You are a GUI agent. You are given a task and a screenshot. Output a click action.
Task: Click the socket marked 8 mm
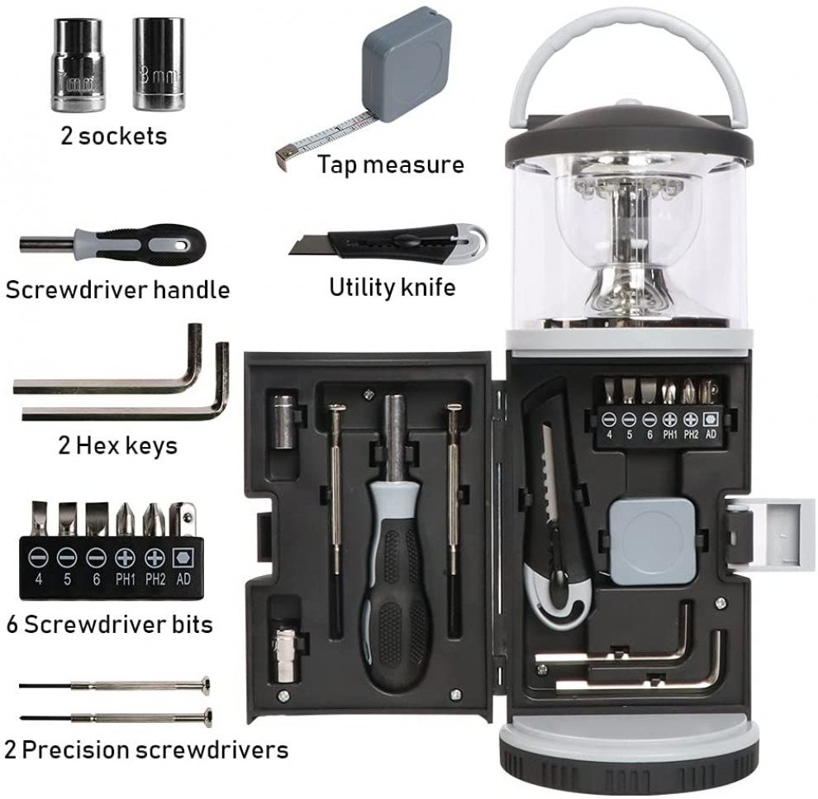pyautogui.click(x=159, y=64)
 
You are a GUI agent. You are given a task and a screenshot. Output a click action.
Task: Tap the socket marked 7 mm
pyautogui.click(x=77, y=64)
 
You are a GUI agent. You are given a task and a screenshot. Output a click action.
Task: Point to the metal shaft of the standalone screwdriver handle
pyautogui.click(x=47, y=244)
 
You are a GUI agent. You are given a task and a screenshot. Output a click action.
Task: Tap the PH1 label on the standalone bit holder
pyautogui.click(x=126, y=579)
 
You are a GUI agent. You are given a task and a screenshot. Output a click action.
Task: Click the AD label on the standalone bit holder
pyautogui.click(x=183, y=579)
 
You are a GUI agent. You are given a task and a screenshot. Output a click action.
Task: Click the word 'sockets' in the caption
pyautogui.click(x=122, y=136)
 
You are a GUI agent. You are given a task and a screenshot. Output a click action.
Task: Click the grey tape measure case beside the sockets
pyautogui.click(x=406, y=64)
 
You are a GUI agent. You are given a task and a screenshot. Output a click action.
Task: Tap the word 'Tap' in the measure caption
pyautogui.click(x=336, y=164)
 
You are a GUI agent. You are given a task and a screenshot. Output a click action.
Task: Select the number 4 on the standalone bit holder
pyautogui.click(x=39, y=579)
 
